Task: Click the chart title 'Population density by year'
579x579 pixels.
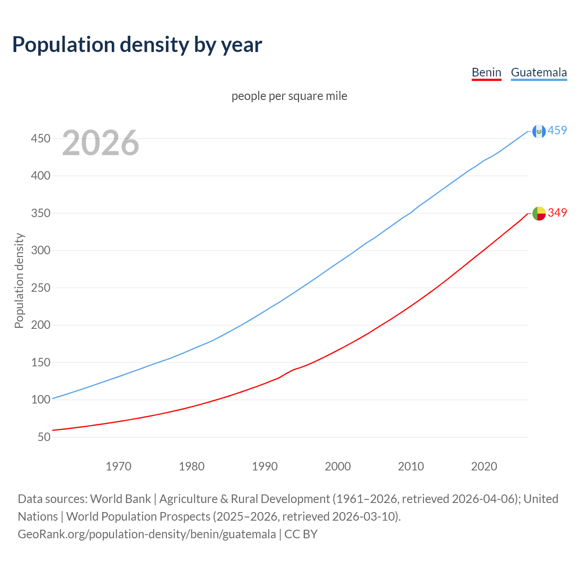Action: [x=137, y=45]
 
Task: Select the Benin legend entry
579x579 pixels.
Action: [x=486, y=72]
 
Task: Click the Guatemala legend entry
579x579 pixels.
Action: [x=539, y=72]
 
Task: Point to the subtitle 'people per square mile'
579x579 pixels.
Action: [x=289, y=96]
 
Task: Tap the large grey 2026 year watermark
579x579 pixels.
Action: [x=100, y=143]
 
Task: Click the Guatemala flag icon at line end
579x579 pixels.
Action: [x=539, y=131]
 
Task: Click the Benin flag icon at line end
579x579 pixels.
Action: [x=539, y=213]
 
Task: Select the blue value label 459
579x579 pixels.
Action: [x=557, y=131]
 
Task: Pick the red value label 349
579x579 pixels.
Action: [x=557, y=213]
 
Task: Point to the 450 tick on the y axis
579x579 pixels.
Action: [x=40, y=138]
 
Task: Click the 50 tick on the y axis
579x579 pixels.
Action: [x=44, y=437]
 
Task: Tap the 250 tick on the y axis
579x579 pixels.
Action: [x=40, y=288]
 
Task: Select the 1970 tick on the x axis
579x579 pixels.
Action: [x=119, y=466]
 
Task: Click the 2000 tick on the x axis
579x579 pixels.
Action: [x=338, y=466]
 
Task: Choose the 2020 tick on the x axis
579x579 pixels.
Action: [x=484, y=466]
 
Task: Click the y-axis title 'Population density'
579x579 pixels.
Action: [x=19, y=280]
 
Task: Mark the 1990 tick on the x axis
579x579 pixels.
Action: [x=265, y=466]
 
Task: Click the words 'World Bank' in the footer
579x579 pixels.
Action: [x=120, y=499]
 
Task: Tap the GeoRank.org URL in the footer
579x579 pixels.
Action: [x=147, y=534]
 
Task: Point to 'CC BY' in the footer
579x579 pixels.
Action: [x=301, y=534]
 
